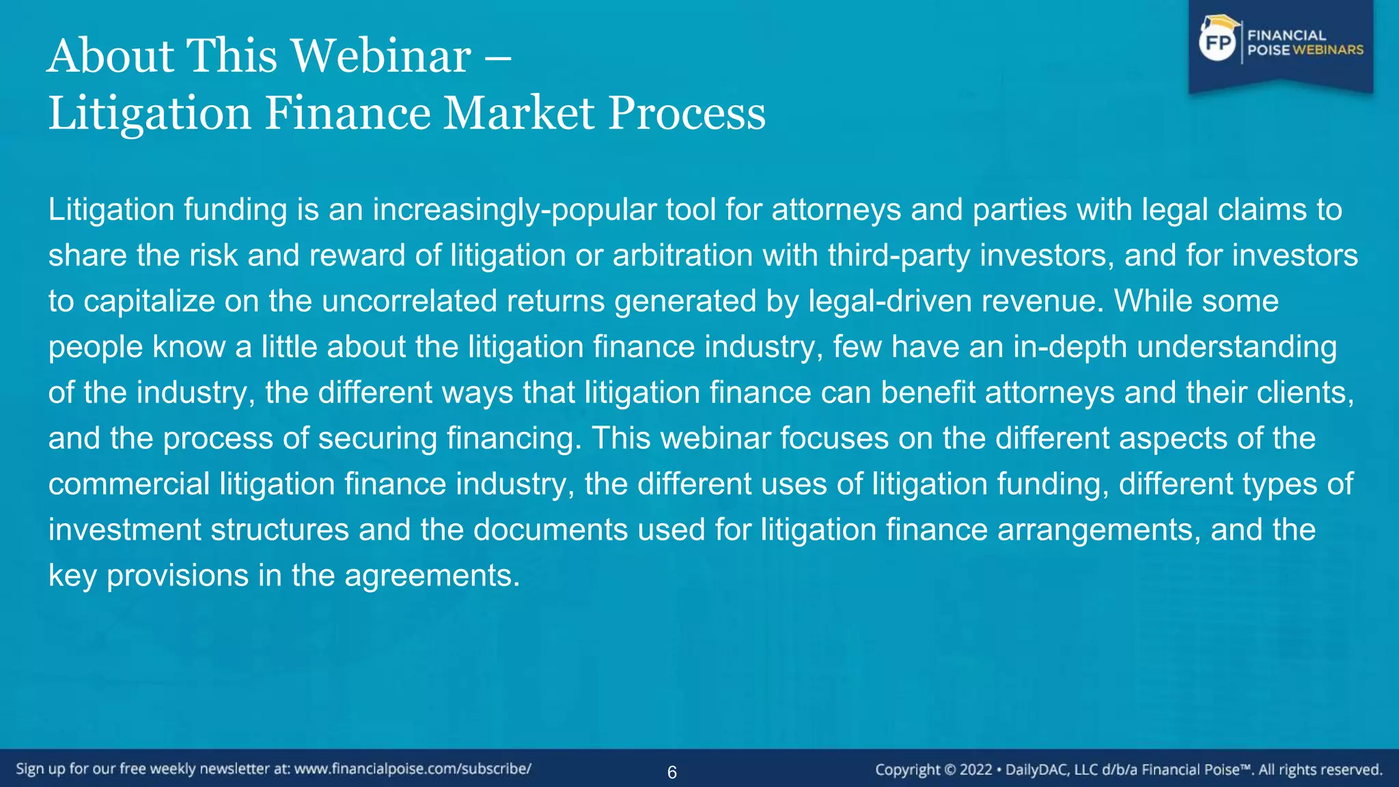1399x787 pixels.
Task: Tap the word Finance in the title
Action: point(348,113)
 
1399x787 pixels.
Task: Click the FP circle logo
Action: point(1218,44)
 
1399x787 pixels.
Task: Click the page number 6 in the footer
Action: point(672,773)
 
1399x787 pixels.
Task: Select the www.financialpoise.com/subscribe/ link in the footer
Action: point(413,769)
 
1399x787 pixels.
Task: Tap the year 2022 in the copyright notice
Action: point(975,770)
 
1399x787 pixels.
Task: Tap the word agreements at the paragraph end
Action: point(432,576)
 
